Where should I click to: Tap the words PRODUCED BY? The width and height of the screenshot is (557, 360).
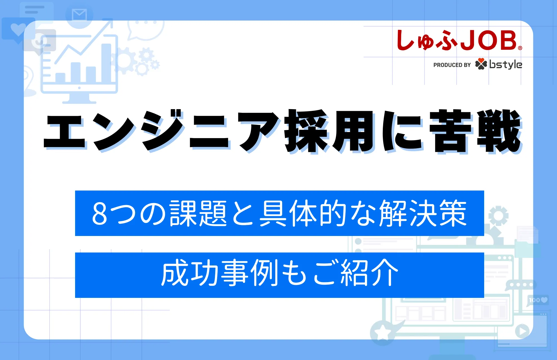click(452, 65)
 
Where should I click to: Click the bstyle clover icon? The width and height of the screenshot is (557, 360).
click(481, 64)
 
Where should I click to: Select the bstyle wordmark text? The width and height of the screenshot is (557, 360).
click(506, 64)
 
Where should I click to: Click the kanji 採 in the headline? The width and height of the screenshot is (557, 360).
click(307, 131)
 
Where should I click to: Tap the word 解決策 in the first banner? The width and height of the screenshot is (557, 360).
click(423, 213)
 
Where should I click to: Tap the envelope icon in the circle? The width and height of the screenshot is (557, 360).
click(79, 15)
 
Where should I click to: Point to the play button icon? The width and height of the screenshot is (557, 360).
click(522, 331)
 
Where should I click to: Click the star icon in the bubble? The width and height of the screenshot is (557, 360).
click(382, 333)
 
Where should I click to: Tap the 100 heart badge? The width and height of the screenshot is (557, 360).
click(538, 300)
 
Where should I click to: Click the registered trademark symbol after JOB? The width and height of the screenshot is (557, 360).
click(520, 48)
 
